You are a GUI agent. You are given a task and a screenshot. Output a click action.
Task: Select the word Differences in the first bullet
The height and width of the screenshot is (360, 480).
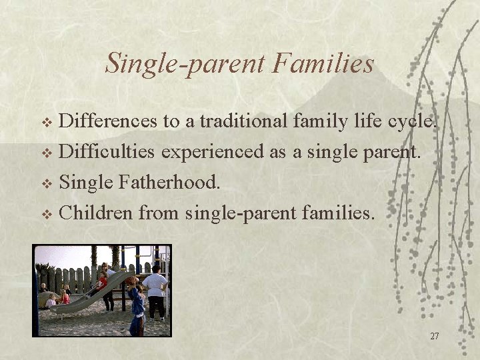pos(109,121)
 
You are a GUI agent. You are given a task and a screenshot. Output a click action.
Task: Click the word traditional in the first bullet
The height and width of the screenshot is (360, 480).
pos(243,121)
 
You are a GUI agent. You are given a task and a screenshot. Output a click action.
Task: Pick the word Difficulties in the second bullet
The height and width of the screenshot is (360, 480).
pos(107,152)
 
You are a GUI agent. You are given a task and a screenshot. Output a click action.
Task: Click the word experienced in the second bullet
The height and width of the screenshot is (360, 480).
pos(212,152)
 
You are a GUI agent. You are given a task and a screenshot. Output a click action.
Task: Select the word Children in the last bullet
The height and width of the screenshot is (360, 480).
pos(96,213)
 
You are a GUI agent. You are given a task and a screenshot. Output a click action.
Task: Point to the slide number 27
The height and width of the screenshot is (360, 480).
pos(434,337)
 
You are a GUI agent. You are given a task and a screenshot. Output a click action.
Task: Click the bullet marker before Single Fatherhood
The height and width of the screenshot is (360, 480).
pos(47,184)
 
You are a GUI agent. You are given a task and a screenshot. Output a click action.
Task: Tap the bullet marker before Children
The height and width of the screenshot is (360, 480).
pos(47,215)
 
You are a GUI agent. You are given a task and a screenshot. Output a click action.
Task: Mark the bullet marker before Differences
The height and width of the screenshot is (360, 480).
pos(47,123)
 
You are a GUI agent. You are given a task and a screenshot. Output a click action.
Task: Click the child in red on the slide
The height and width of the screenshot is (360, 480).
pos(102,283)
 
